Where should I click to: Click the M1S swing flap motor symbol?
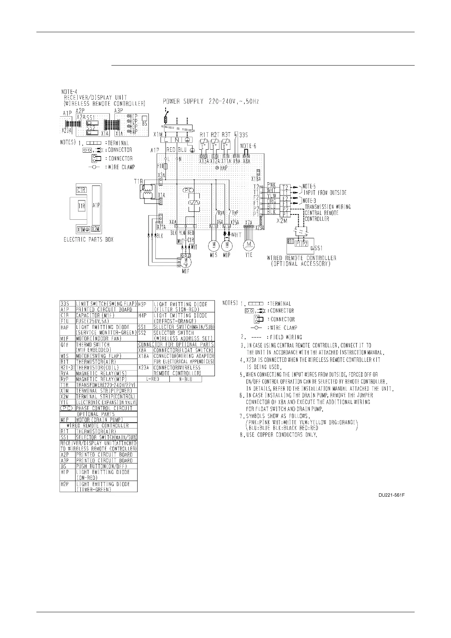coord(213,245)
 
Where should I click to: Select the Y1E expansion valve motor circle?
coord(249,245)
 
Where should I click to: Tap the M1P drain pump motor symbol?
coord(227,245)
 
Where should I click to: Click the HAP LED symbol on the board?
coord(217,167)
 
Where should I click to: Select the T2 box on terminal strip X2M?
coord(285,187)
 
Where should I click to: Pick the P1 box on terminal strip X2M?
coord(285,214)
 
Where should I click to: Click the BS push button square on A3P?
coord(144,117)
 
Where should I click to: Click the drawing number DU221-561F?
coord(391,495)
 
